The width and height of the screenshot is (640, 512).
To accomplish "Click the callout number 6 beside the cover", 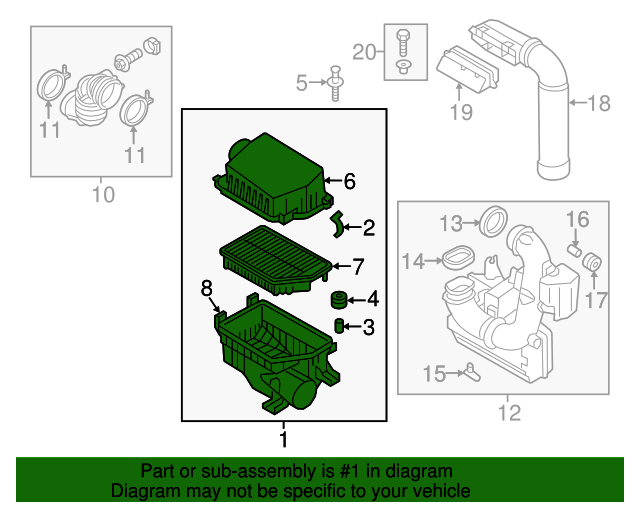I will tap(349, 182).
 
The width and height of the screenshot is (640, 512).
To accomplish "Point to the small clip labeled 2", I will tap(339, 224).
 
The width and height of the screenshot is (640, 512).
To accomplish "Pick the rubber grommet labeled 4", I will tap(340, 299).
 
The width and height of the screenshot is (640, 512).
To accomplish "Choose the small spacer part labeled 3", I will tap(340, 326).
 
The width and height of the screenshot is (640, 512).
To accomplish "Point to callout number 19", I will tap(459, 111).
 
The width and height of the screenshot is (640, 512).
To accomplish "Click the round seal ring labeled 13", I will tap(492, 220).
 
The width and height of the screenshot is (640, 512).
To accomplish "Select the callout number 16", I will tap(578, 220).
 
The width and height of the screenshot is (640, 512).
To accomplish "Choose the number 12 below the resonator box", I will tap(509, 411).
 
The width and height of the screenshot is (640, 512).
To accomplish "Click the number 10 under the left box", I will tap(103, 194).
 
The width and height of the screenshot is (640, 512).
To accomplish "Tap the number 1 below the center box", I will tap(284, 439).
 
